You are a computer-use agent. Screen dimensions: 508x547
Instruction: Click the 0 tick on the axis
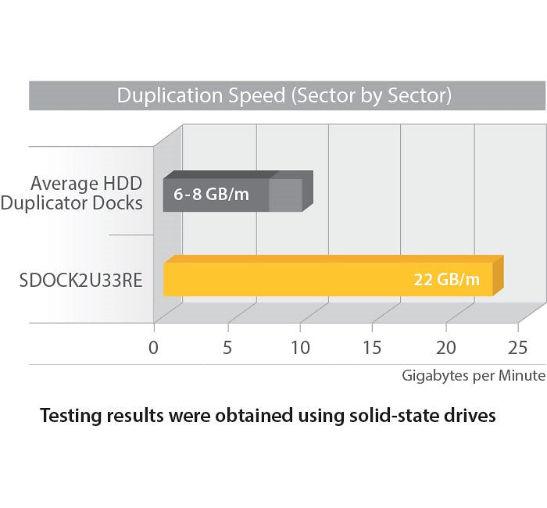point(154,347)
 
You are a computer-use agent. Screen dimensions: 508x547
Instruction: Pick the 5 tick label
point(227,347)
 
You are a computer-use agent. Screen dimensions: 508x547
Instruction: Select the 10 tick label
point(300,347)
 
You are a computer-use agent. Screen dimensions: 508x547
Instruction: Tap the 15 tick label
point(372,347)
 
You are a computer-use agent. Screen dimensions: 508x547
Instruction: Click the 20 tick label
point(445,347)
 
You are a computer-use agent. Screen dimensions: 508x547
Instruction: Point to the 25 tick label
point(517,347)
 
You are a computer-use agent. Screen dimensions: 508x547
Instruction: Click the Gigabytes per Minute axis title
point(473,376)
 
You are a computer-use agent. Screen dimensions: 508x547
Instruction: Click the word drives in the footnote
point(471,416)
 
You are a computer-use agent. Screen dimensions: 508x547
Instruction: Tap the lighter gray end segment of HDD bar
point(285,195)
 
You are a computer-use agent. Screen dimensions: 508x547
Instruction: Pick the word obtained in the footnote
point(256,416)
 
